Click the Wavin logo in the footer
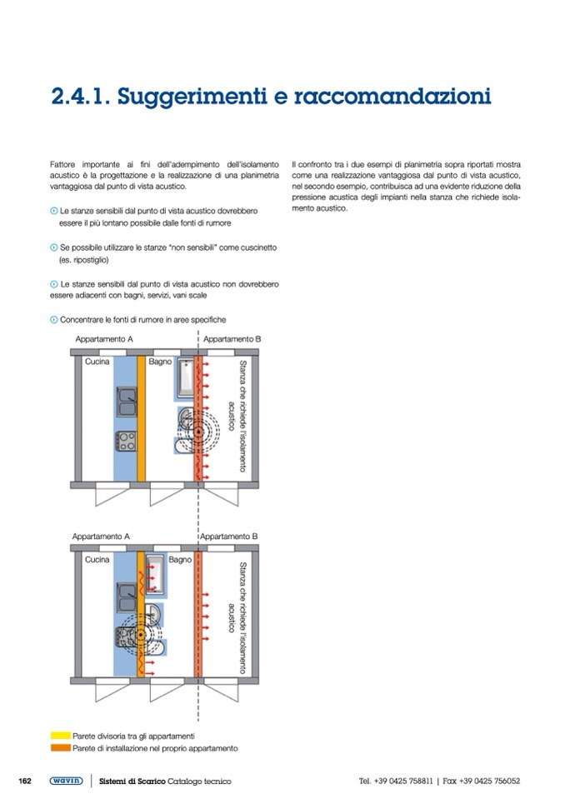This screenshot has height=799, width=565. point(65,781)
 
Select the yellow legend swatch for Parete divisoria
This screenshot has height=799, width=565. point(60,736)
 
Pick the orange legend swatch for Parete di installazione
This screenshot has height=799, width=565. point(60,748)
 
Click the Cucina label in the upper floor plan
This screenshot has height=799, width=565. point(97,362)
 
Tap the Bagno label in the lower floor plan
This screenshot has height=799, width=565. point(180,560)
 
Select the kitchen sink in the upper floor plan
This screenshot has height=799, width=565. point(127,402)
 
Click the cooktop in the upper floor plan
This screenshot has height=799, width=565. point(127,440)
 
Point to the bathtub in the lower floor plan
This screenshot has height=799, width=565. point(156,567)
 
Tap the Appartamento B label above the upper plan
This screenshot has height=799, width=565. point(232,339)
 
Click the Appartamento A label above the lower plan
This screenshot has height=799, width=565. point(102,537)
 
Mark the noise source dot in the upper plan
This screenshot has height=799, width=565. point(197,432)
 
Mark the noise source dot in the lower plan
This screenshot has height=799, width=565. point(142,634)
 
